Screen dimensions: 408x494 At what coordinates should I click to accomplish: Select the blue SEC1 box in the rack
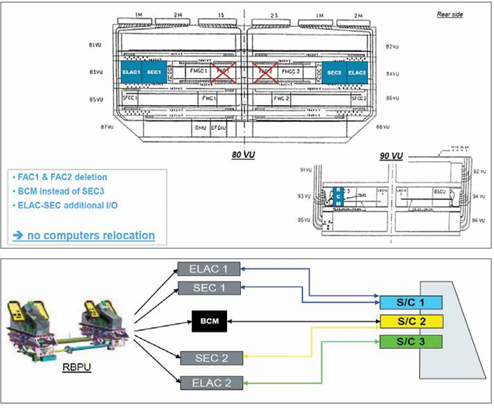[154, 71]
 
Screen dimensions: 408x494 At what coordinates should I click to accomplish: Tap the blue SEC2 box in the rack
[333, 72]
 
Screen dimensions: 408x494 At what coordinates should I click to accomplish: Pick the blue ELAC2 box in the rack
[358, 72]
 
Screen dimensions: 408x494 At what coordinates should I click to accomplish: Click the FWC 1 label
[209, 97]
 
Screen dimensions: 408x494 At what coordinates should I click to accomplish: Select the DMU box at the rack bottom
[199, 128]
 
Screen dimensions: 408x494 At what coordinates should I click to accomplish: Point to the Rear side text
[450, 14]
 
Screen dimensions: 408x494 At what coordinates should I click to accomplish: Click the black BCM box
[208, 322]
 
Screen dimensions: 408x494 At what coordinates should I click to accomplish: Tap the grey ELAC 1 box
[208, 269]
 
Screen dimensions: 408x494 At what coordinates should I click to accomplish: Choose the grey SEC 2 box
[208, 357]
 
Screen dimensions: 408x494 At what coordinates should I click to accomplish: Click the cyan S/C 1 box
[411, 302]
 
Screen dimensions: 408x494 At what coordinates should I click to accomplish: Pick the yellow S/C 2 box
[411, 322]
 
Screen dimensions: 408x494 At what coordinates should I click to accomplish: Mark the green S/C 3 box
[411, 342]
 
